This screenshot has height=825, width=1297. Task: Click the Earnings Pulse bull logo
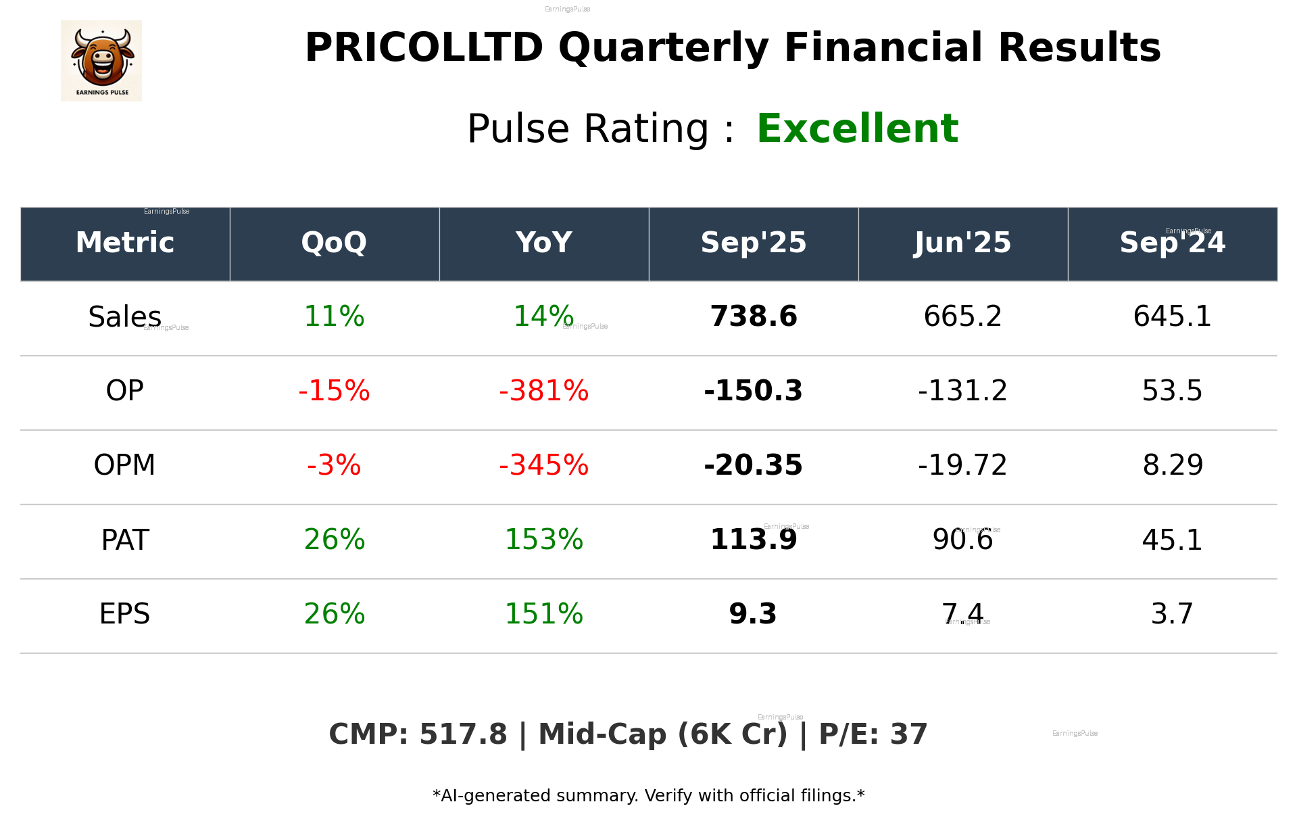click(x=101, y=60)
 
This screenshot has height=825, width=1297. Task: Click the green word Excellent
click(x=857, y=128)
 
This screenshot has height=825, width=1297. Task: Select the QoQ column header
click(x=334, y=243)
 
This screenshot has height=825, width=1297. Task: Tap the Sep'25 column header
click(x=753, y=243)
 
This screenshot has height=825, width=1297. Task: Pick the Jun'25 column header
click(x=962, y=243)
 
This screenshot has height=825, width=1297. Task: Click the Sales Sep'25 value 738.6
click(x=753, y=316)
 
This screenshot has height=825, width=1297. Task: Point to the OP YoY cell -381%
click(x=543, y=391)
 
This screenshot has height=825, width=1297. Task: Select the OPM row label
click(x=124, y=465)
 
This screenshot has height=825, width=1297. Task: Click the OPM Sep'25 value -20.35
click(x=753, y=465)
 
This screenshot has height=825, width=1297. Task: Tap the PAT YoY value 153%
click(x=543, y=540)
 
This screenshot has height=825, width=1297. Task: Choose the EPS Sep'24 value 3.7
click(x=1172, y=614)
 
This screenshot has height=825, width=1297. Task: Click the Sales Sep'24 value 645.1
click(x=1172, y=316)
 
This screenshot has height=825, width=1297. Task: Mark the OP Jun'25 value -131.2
click(x=962, y=391)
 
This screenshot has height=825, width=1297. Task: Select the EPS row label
click(x=124, y=614)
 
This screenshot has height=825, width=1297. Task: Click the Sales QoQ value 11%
click(x=334, y=316)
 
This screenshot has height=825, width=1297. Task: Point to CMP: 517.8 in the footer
click(x=418, y=735)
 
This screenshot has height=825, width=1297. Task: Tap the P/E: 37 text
click(x=873, y=735)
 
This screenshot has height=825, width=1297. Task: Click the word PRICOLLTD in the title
click(x=424, y=48)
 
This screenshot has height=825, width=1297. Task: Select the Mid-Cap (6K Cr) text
click(x=662, y=735)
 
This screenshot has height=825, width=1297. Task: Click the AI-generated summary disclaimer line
click(x=648, y=796)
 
